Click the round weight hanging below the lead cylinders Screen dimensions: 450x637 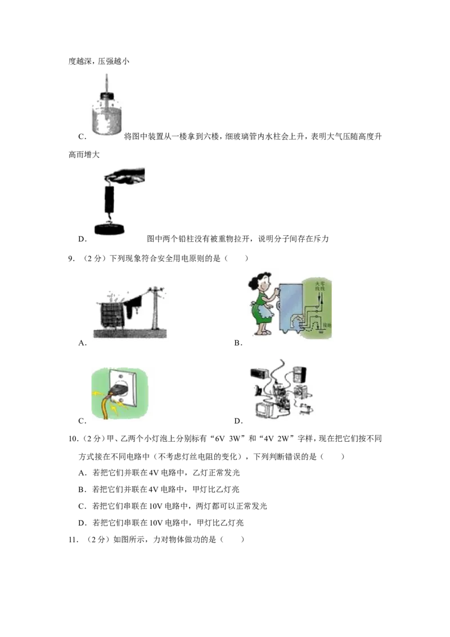point(110,228)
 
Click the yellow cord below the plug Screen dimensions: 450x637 point(107,407)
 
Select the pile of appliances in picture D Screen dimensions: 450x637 point(281,390)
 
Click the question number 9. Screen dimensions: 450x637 point(71,258)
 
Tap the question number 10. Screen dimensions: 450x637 point(73,439)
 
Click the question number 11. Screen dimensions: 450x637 point(73,540)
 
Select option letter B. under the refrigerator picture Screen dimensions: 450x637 point(238,343)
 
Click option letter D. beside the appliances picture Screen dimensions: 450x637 point(238,421)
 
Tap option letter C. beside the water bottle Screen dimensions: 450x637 point(83,137)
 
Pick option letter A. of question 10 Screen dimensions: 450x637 point(83,473)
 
